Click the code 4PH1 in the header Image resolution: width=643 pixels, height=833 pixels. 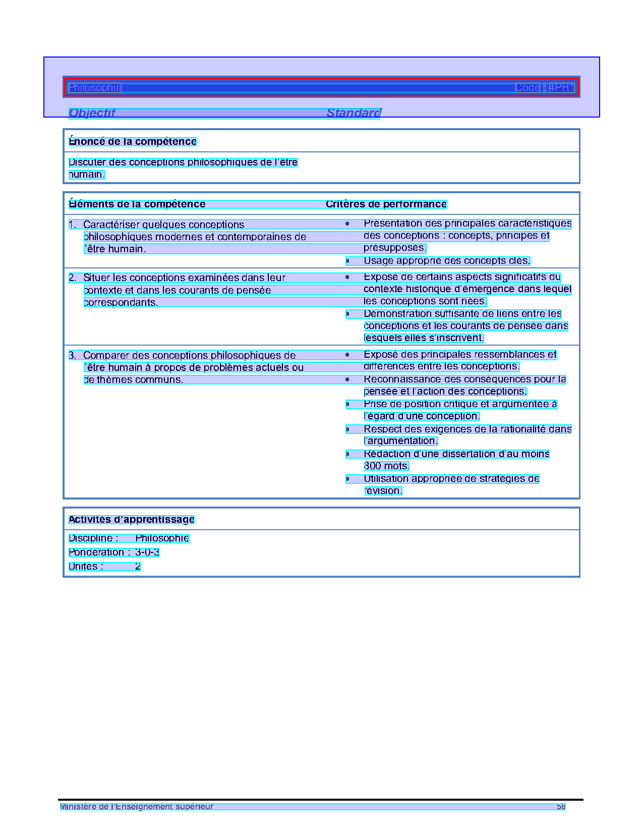[562, 88]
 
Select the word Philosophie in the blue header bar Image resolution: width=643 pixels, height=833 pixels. [95, 88]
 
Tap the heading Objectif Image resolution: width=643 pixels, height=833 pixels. [92, 113]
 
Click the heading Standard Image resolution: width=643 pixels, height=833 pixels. [354, 113]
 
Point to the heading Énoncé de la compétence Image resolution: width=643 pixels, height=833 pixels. [132, 142]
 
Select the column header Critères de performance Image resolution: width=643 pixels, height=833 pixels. [386, 204]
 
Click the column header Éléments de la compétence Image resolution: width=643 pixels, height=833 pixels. [137, 204]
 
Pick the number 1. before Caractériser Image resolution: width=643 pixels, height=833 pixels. [73, 225]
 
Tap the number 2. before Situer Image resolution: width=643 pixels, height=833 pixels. [73, 278]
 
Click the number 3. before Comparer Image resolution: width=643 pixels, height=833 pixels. [73, 356]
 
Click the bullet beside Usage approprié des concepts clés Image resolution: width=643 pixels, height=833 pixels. [347, 261]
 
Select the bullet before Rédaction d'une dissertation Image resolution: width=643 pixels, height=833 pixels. [347, 454]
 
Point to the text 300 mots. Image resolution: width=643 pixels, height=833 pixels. [386, 466]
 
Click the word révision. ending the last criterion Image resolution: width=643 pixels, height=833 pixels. [383, 491]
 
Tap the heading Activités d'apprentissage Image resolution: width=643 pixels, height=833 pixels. [131, 520]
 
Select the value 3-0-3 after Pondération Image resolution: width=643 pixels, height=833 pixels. [147, 552]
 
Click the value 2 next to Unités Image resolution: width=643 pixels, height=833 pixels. [138, 567]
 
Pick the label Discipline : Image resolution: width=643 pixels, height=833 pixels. [94, 538]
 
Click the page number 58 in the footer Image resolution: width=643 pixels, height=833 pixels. [561, 807]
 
